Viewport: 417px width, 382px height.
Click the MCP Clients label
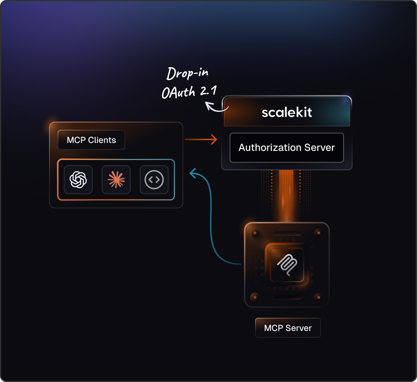click(92, 140)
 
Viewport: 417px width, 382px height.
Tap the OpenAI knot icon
click(78, 179)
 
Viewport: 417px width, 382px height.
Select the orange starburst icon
click(116, 180)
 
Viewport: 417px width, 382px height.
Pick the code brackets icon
click(154, 180)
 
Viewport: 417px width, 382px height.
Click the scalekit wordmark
click(287, 112)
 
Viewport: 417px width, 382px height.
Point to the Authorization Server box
click(286, 148)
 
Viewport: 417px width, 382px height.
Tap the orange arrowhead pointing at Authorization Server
click(214, 139)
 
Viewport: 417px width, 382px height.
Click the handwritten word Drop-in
click(187, 74)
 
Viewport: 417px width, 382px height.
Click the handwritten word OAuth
click(178, 92)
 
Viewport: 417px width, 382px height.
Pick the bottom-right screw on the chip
click(318, 297)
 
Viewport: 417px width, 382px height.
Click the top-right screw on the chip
click(318, 232)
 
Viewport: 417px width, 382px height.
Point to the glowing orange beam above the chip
click(286, 195)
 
